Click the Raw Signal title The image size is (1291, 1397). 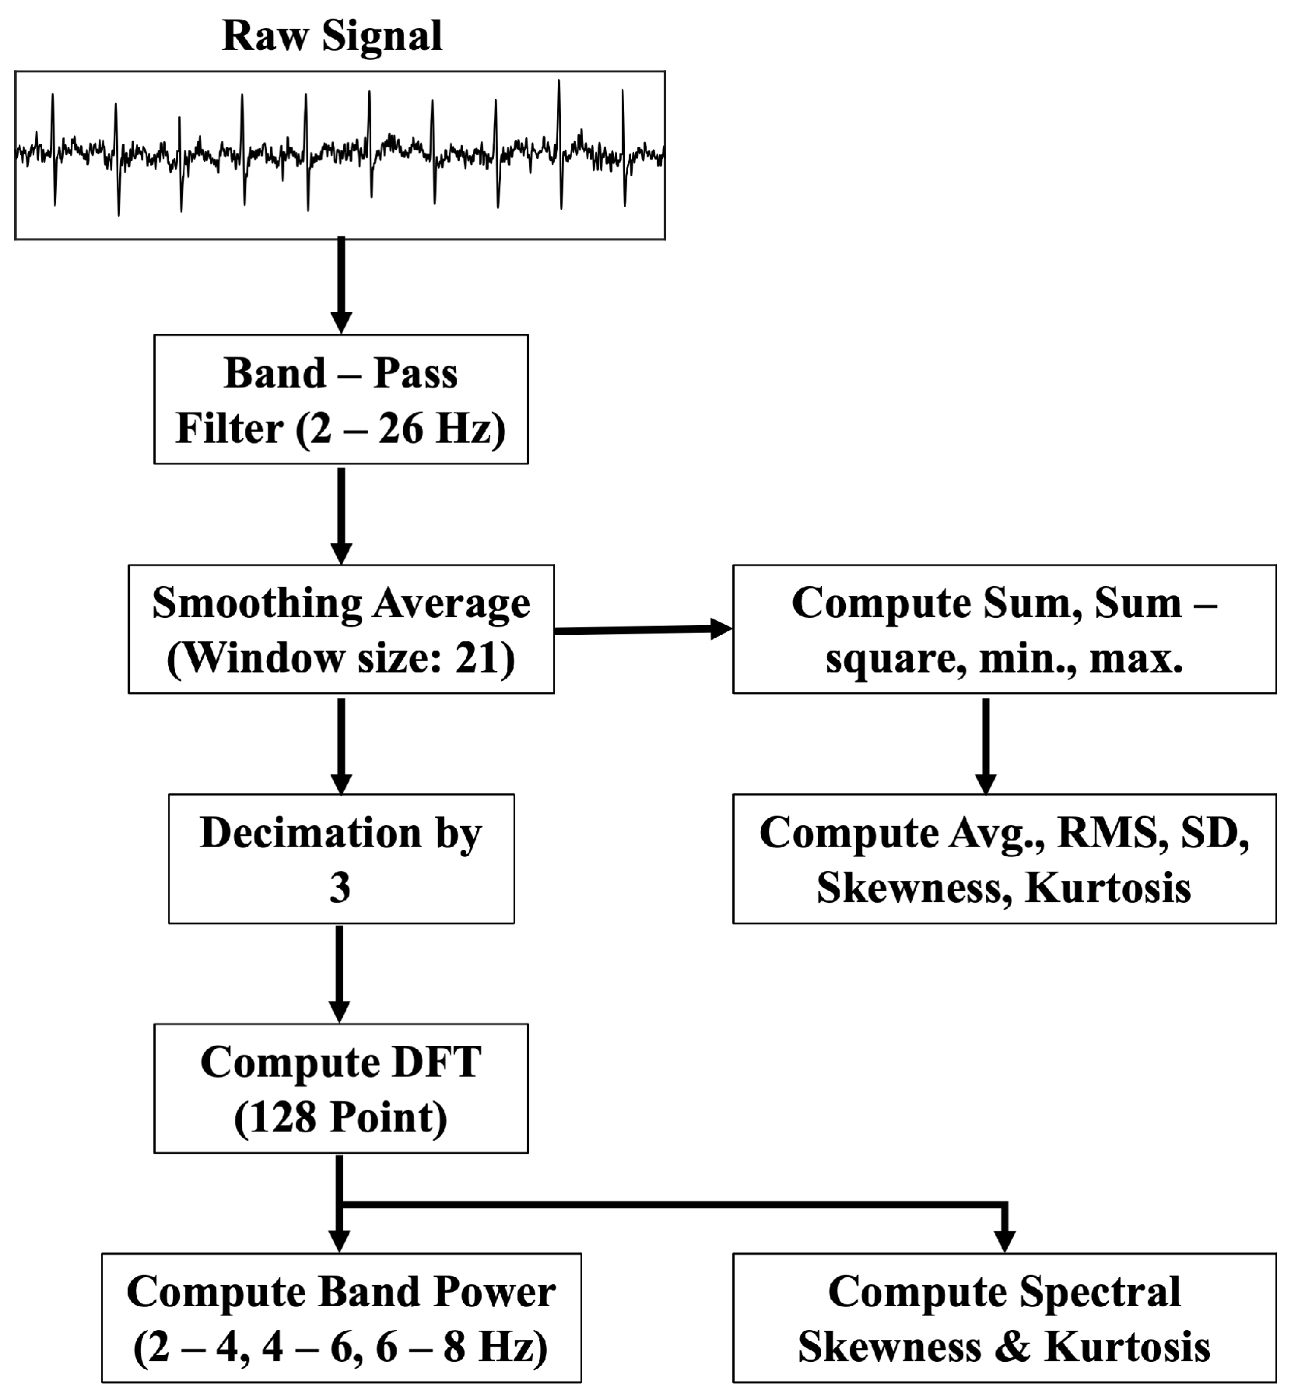[x=332, y=36]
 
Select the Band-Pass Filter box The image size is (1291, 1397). [x=341, y=399]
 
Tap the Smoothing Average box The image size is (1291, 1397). [x=341, y=629]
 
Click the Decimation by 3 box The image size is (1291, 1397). [x=341, y=858]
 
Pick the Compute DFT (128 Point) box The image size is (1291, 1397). [x=341, y=1088]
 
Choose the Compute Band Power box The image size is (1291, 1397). [x=341, y=1318]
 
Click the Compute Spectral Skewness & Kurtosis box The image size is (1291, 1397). [x=1004, y=1318]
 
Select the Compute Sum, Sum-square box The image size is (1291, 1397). [x=1004, y=629]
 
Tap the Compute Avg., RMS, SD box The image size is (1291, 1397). [x=1004, y=858]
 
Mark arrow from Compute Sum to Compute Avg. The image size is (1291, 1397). [x=986, y=743]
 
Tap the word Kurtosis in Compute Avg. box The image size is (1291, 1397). [x=1108, y=887]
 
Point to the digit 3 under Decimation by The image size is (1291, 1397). [x=340, y=887]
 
